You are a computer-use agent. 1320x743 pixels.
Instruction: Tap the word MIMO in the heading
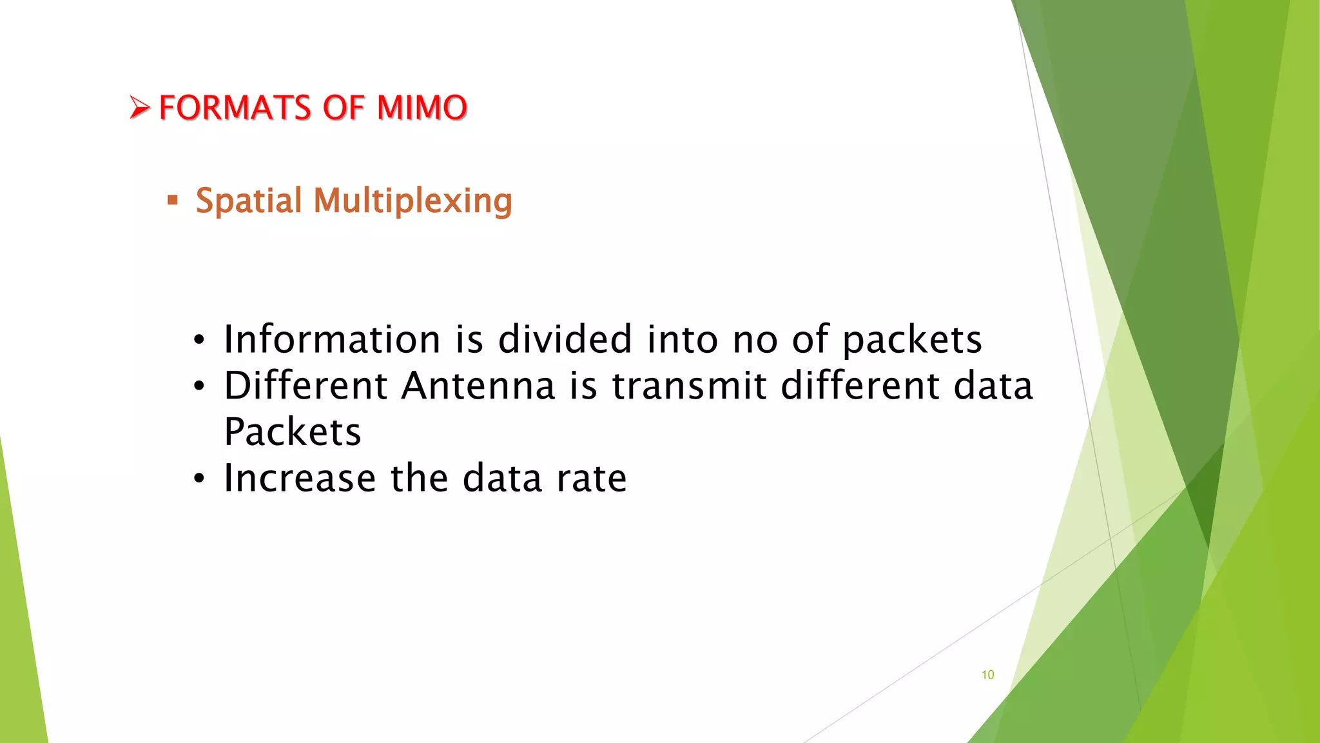click(422, 108)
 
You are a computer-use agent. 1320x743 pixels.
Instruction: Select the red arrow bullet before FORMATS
click(139, 107)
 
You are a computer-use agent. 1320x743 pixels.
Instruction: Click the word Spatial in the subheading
click(249, 201)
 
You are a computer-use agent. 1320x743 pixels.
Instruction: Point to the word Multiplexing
click(412, 201)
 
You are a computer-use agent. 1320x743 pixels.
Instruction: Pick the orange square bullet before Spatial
click(172, 200)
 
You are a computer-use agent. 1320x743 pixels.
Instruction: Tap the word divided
click(565, 339)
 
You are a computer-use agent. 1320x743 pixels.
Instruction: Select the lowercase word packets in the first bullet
click(912, 341)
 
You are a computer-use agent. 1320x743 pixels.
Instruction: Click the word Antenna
click(478, 386)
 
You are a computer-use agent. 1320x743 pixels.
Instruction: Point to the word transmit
click(689, 386)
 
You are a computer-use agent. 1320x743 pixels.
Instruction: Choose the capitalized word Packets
click(293, 431)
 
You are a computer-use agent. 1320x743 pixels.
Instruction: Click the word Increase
click(300, 478)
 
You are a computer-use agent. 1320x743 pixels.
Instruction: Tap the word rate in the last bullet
click(591, 479)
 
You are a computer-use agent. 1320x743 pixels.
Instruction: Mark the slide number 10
click(987, 675)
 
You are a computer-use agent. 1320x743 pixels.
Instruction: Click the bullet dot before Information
click(199, 340)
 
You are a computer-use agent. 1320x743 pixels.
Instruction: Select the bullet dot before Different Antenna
click(199, 386)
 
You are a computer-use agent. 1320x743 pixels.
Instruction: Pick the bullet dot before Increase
click(199, 479)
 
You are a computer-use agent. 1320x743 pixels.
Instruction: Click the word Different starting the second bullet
click(306, 386)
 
